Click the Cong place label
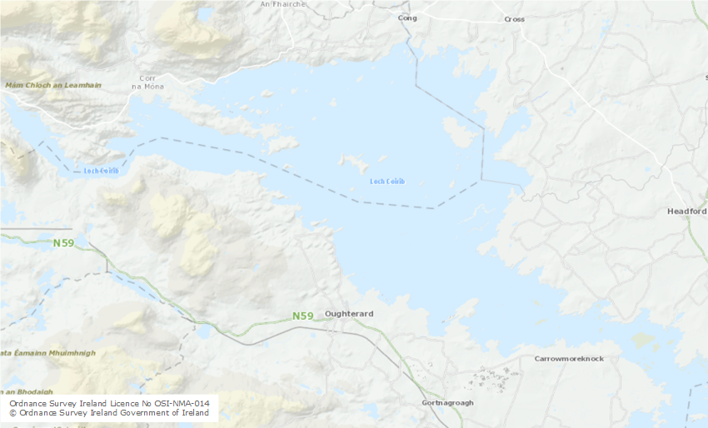[x=407, y=17]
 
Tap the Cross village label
[x=514, y=18]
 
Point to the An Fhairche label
[x=282, y=4]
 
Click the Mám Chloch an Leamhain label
[x=52, y=85]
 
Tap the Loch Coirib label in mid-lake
[x=386, y=182]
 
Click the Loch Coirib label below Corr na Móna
[x=101, y=172]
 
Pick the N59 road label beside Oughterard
[x=303, y=316]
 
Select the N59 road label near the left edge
[x=63, y=243]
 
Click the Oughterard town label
[x=349, y=314]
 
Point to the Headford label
[x=686, y=212]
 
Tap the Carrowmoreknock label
[x=568, y=359]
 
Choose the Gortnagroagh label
[x=447, y=403]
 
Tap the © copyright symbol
[x=13, y=413]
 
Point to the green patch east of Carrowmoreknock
[x=642, y=340]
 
